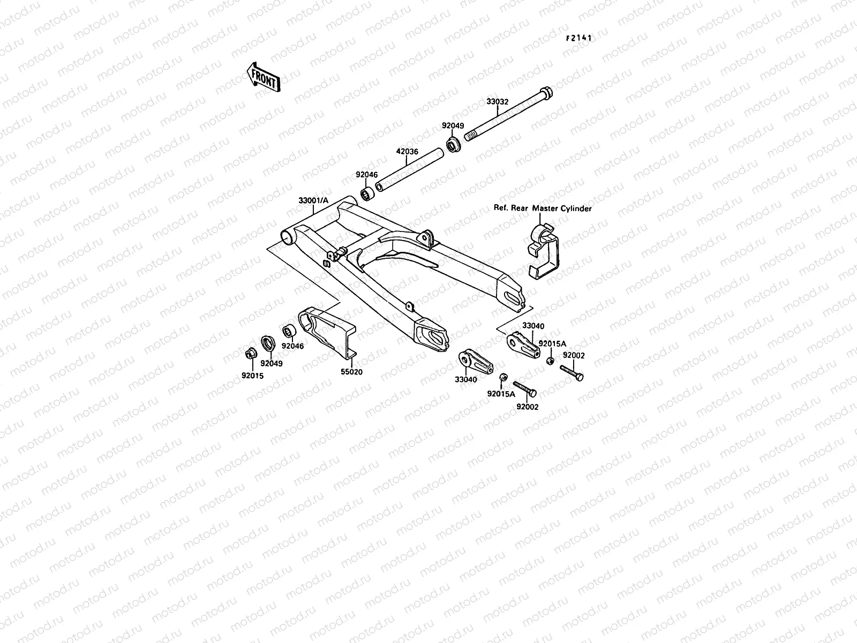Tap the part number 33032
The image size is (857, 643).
click(498, 101)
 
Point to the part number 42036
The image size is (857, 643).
click(407, 152)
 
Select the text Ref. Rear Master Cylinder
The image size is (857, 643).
click(543, 208)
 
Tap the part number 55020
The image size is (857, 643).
click(351, 371)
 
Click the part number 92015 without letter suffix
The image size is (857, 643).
click(252, 376)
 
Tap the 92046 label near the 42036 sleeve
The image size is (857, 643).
click(367, 175)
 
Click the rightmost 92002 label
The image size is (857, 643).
click(574, 355)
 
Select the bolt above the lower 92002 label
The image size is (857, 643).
click(525, 388)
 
